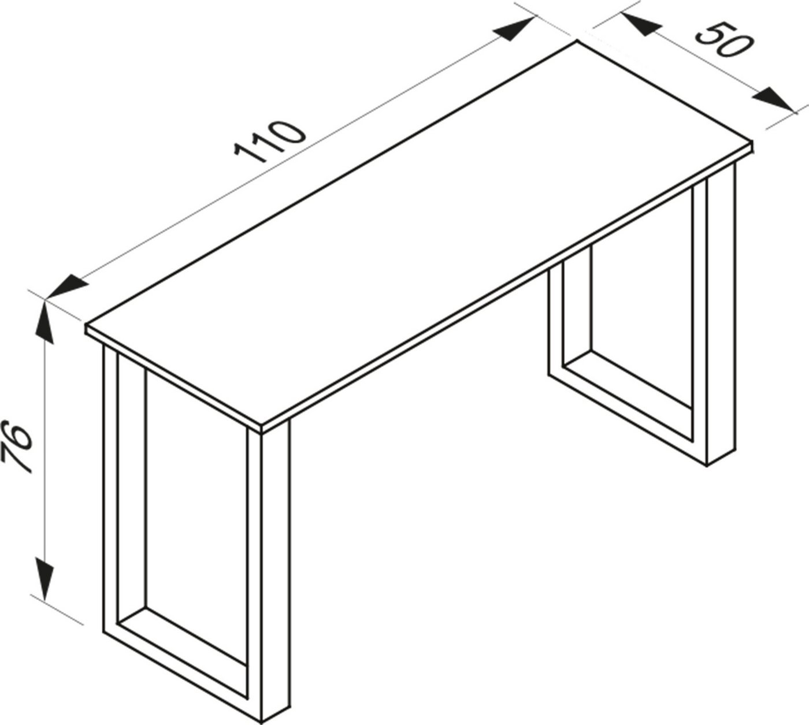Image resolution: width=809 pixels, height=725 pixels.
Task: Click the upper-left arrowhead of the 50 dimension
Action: [x=641, y=25]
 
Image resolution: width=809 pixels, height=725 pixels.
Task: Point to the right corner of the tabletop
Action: [x=752, y=143]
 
